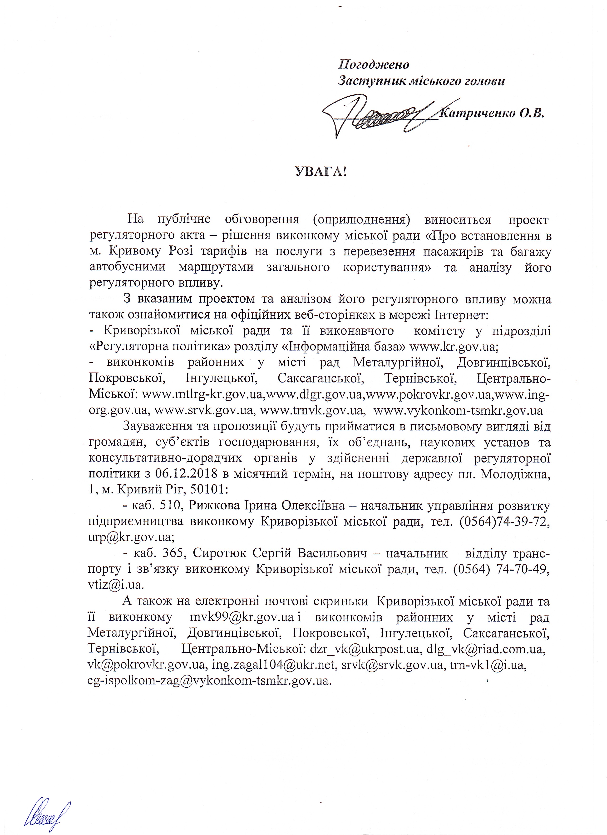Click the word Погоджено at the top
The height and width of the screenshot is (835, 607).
(x=374, y=65)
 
